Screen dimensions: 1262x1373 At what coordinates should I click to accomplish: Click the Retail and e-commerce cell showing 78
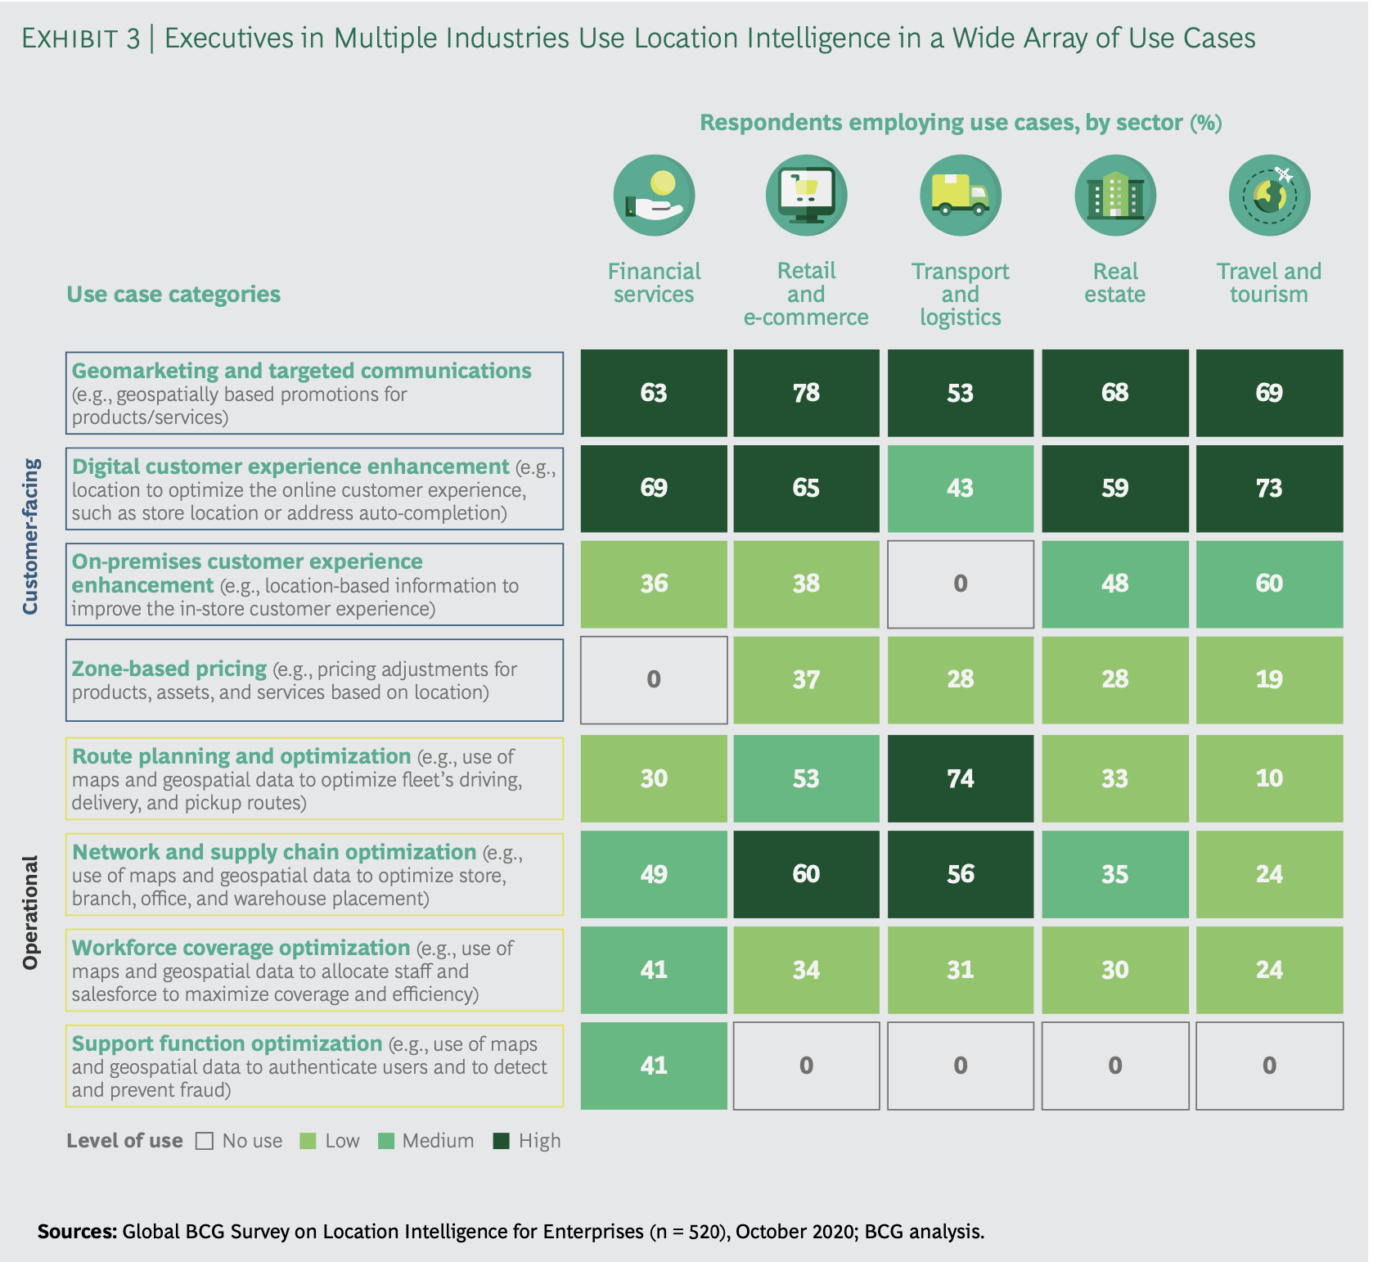coord(806,393)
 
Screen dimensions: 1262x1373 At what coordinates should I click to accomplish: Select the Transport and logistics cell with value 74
coord(960,778)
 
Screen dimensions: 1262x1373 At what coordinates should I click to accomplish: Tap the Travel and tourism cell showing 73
coord(1269,489)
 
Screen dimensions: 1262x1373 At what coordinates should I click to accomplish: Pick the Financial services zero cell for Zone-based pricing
coord(654,679)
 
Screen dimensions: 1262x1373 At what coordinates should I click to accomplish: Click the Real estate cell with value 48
coord(1114,584)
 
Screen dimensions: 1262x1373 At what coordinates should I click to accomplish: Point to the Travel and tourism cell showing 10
coord(1269,778)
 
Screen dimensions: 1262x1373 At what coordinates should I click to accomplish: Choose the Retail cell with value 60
coord(806,874)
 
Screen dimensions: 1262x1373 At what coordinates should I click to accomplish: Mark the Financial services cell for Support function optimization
coord(654,1066)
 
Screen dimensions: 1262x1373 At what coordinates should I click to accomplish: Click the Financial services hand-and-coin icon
coord(654,196)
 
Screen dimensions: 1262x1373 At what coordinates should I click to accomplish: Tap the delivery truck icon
coord(960,196)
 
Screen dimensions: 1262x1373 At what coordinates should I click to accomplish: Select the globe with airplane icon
coord(1269,196)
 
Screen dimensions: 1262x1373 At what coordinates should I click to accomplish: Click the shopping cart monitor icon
coord(806,196)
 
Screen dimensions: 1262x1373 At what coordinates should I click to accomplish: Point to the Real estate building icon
coord(1114,196)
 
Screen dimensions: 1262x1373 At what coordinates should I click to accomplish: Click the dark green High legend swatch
coord(502,1141)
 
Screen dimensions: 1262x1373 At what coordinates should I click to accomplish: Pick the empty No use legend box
coord(205,1141)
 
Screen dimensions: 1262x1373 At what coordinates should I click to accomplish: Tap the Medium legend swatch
coord(386,1141)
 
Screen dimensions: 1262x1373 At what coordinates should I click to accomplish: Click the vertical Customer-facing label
coord(31,537)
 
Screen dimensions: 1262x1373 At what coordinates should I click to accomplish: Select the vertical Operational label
coord(31,913)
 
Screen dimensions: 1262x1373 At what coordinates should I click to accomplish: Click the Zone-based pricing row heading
coord(169,669)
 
